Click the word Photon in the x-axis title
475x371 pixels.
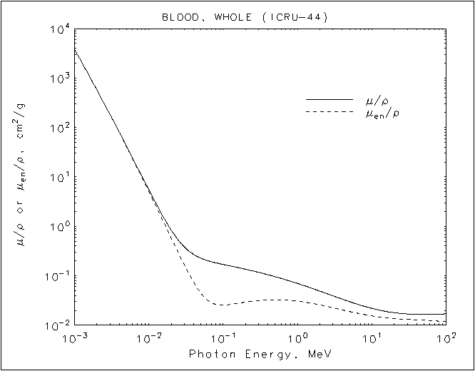[207, 354]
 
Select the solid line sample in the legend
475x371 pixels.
[330, 98]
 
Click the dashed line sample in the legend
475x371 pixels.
[330, 112]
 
